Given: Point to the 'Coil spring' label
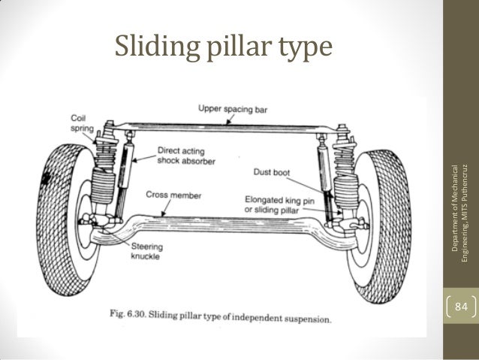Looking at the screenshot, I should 80,123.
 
